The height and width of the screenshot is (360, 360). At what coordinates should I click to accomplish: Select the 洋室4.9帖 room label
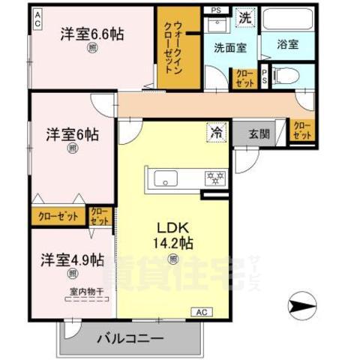(x=72, y=260)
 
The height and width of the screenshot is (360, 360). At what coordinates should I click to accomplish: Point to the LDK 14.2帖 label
(x=174, y=234)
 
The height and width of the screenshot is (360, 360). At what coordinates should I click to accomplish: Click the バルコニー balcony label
(x=130, y=339)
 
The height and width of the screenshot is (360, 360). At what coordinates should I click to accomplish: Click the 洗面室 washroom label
(x=229, y=48)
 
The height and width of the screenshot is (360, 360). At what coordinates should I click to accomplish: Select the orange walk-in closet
(x=179, y=46)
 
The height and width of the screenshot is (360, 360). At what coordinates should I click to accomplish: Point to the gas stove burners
(x=217, y=178)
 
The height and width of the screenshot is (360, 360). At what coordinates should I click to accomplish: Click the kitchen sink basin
(x=165, y=178)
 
